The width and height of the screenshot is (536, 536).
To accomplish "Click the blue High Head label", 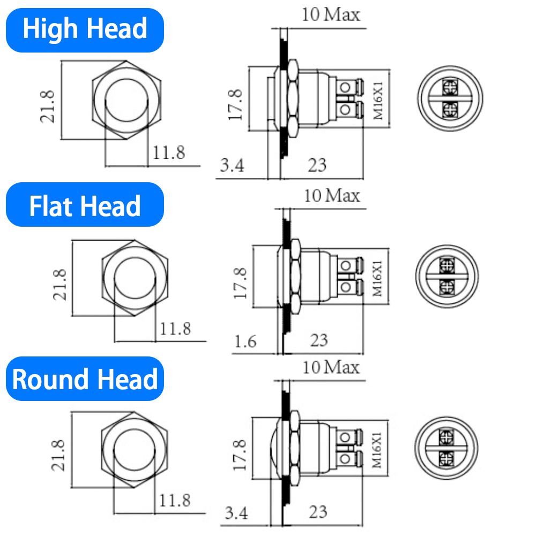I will [85, 29].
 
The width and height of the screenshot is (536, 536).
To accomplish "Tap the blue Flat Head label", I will [85, 205].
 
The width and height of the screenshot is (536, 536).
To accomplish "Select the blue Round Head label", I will [85, 379].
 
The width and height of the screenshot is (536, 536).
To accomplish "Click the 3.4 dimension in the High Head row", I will [232, 166].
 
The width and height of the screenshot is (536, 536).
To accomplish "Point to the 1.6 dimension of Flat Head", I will [245, 341].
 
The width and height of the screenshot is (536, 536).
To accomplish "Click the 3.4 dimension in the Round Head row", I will [236, 513].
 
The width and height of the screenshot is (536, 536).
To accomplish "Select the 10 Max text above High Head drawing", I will [331, 14].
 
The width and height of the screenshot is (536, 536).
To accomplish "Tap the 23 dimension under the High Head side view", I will [317, 165].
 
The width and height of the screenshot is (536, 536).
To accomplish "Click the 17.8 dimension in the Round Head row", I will [239, 456].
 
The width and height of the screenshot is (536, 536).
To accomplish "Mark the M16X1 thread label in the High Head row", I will [377, 100].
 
